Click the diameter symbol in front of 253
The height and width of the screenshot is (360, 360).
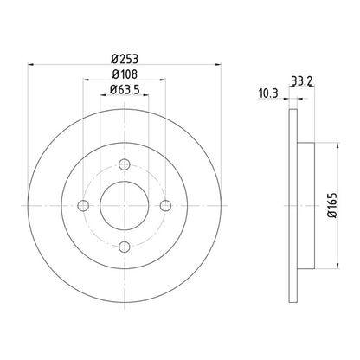coord(114,58)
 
